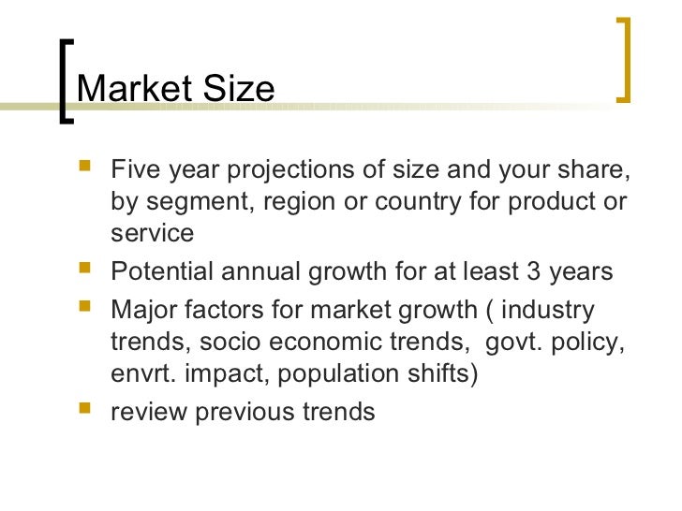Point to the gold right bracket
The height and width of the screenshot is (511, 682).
(x=623, y=58)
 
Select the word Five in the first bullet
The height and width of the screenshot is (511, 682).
(x=136, y=171)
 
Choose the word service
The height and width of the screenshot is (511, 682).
(x=152, y=232)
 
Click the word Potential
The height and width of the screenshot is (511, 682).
(x=163, y=271)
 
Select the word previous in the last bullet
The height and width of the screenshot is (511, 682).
(x=238, y=411)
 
